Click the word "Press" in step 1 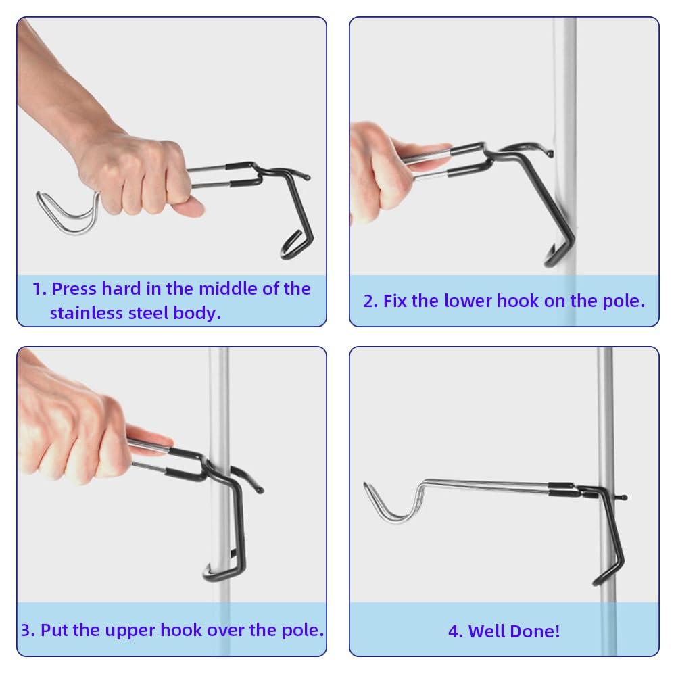(x=74, y=289)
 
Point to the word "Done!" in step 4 (x=536, y=631)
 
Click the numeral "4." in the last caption (x=455, y=631)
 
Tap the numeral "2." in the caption (x=370, y=301)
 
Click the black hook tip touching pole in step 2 (x=550, y=153)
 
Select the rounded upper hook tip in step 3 (x=260, y=489)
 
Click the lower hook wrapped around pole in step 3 (x=224, y=571)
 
